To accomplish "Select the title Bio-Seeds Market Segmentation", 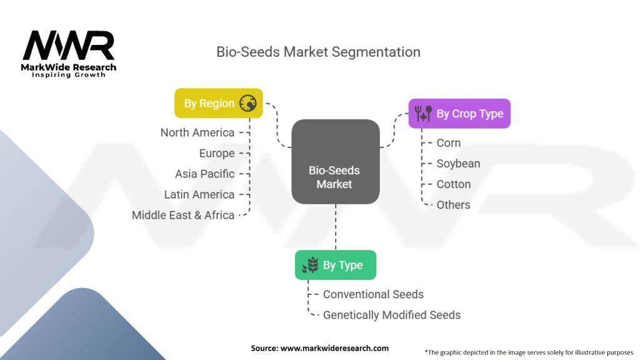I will click(x=318, y=52).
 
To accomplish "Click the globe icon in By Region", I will click(x=248, y=104).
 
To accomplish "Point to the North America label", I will click(x=197, y=132).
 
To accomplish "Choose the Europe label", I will click(x=217, y=153).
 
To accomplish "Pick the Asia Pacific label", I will click(x=205, y=174).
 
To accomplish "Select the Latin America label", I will click(x=199, y=194).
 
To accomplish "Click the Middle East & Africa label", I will click(x=183, y=215).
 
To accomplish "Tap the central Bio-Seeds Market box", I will click(x=336, y=162).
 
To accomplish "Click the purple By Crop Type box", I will click(x=459, y=114).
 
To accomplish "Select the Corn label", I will click(x=449, y=143).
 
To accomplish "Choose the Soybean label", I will click(x=459, y=164).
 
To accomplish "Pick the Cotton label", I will click(x=454, y=184).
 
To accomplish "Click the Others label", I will click(x=454, y=205).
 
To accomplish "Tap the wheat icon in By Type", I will click(x=310, y=266).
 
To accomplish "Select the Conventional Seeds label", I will click(x=373, y=294).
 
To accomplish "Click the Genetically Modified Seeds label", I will click(x=391, y=315).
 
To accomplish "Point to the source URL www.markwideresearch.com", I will click(x=334, y=348).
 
